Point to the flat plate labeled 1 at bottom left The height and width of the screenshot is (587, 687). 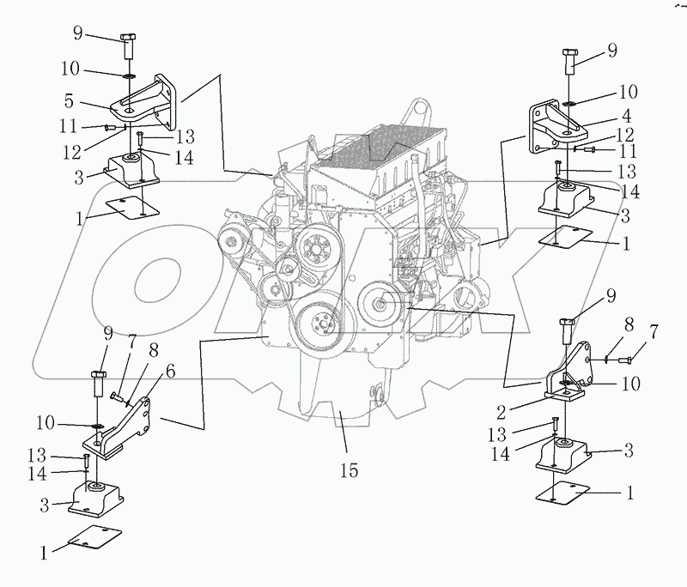click(92, 541)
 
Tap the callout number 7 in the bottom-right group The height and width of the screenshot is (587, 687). click(654, 332)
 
